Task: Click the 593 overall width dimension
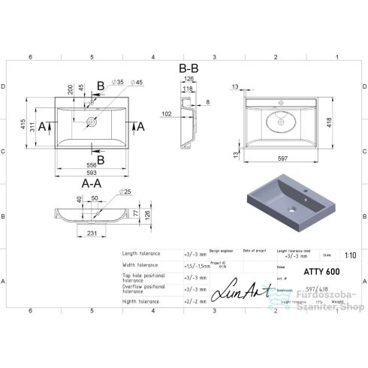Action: click(91, 173)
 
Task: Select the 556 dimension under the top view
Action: click(91, 164)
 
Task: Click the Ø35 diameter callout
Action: click(118, 81)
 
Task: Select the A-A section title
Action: click(92, 182)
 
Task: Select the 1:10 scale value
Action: click(349, 255)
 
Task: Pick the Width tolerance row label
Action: click(140, 264)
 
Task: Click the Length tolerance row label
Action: click(141, 254)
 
